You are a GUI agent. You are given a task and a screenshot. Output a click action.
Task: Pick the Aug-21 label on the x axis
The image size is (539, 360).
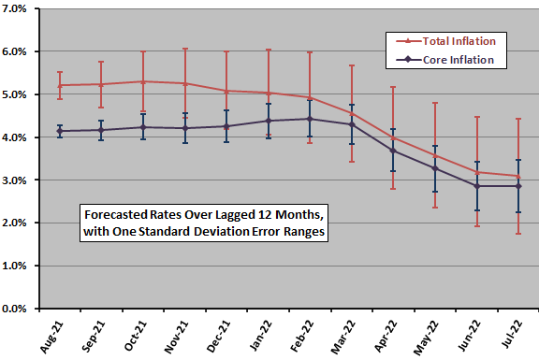click(x=60, y=331)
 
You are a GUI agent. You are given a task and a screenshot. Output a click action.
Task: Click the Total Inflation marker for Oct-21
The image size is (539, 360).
click(x=143, y=81)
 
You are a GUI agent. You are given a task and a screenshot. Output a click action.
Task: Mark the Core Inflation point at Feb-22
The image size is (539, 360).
click(x=309, y=119)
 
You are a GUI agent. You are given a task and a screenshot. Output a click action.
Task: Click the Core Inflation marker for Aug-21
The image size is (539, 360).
click(x=60, y=131)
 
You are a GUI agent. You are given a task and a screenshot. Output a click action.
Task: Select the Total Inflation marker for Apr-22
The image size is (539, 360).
click(x=392, y=138)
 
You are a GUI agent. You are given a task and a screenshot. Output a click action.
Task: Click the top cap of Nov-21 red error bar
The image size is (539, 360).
click(x=184, y=49)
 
